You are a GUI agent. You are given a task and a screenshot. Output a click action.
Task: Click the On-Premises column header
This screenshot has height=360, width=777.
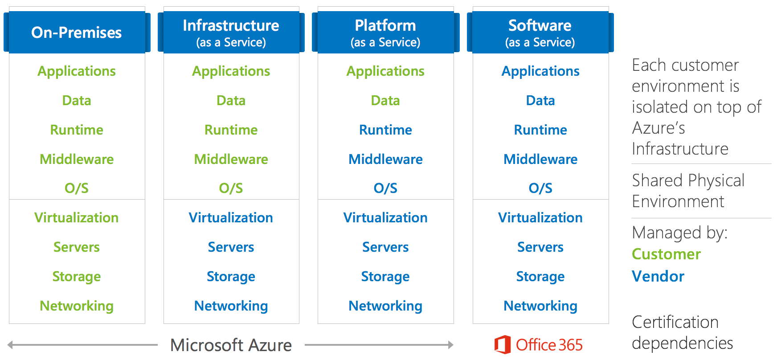pos(77,33)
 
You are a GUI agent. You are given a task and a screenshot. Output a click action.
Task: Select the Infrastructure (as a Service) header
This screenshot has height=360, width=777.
pos(231,33)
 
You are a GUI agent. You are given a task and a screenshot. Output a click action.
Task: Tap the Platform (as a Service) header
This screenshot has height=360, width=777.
pos(385,33)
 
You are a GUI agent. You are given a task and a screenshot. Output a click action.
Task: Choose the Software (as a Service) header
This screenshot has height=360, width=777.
pos(540,33)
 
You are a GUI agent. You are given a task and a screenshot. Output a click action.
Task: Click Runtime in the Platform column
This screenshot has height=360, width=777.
pos(385,130)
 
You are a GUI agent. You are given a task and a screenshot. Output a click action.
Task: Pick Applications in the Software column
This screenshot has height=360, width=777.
pos(540,71)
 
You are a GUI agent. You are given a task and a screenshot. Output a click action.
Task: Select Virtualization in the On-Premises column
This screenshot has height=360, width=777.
pos(77,217)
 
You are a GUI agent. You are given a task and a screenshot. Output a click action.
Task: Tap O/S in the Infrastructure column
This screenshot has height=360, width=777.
pos(231,188)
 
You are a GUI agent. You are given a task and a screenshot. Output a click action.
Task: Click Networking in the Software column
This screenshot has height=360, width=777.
pos(540,306)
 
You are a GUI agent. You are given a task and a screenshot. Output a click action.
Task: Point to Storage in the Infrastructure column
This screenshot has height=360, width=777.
pos(231,276)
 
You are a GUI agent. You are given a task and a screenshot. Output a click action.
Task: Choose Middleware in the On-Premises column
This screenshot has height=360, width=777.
pos(77,159)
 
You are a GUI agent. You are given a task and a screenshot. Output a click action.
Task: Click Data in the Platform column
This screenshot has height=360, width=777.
pos(385,100)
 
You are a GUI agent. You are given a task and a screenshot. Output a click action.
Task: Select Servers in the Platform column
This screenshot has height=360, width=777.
pos(385,247)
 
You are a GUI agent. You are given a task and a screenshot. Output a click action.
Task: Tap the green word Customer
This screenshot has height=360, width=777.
pos(666,254)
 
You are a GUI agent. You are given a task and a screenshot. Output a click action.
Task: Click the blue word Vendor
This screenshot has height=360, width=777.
pos(658,276)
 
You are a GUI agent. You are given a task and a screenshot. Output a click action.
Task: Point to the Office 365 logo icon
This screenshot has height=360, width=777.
pos(502,344)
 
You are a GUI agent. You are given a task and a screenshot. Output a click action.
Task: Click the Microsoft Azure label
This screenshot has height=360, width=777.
pos(231,345)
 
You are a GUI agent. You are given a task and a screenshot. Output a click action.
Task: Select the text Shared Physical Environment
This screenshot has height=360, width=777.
pos(688,191)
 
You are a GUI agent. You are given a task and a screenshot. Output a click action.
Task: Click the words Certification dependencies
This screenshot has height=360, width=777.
pos(682,332)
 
